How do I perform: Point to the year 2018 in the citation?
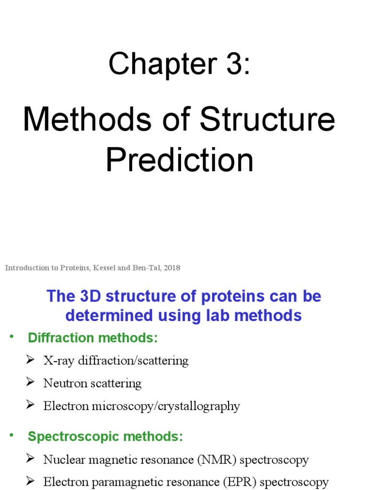pyautogui.click(x=172, y=268)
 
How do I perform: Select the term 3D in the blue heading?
pyautogui.click(x=85, y=296)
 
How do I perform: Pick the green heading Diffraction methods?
pyautogui.click(x=93, y=338)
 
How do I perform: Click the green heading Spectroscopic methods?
pyautogui.click(x=105, y=436)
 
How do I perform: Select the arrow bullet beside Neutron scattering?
pyautogui.click(x=30, y=382)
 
